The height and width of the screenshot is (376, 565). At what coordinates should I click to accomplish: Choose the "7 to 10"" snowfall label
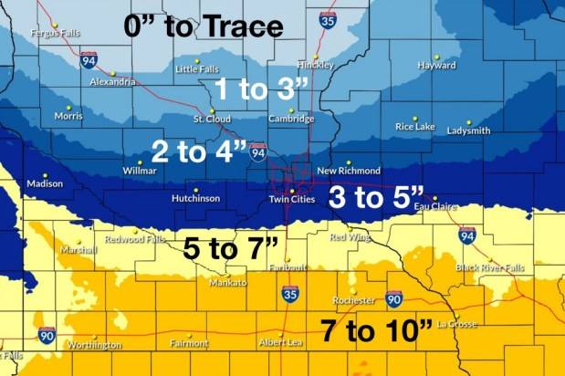376,331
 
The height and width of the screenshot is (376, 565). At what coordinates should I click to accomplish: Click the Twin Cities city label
292,200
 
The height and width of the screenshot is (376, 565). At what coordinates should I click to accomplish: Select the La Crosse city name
458,323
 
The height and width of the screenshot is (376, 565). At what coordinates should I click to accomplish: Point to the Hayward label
436,66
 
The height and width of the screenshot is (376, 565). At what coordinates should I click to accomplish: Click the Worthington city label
95,345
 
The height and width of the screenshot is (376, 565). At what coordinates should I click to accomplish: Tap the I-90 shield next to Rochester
393,298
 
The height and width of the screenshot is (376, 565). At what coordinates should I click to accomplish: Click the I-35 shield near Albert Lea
289,294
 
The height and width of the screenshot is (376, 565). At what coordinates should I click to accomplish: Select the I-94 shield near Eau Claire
466,234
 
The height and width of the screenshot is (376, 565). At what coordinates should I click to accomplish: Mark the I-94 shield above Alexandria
89,60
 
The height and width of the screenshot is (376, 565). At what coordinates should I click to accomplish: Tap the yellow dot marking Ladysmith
466,121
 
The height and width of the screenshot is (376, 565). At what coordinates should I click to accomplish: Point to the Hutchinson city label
195,198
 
